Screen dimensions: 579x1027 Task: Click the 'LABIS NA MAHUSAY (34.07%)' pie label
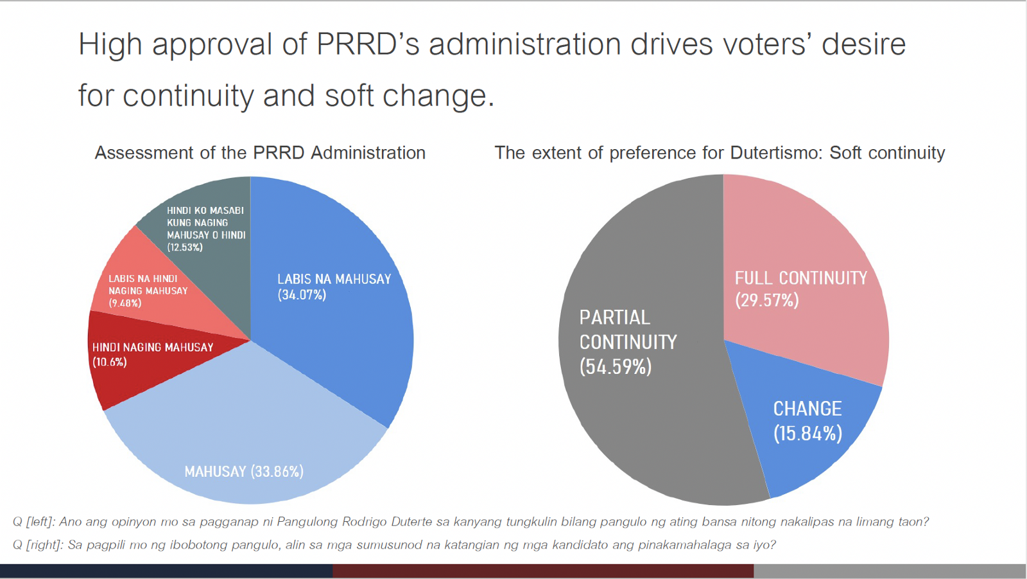point(334,287)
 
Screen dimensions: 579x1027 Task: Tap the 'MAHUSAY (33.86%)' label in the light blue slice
point(244,472)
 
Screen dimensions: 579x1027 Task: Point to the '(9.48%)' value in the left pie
point(125,303)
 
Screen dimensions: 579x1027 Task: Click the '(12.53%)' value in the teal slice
point(185,247)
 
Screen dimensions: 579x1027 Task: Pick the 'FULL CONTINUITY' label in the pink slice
point(800,278)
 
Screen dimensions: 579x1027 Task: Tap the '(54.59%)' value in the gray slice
point(616,367)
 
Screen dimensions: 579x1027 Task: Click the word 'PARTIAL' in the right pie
point(614,317)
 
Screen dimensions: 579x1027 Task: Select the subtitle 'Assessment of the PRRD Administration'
point(260,153)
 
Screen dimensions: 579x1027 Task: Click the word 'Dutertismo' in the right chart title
point(776,153)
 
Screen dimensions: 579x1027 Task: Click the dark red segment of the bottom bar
point(542,571)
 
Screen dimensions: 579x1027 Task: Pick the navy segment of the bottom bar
point(166,571)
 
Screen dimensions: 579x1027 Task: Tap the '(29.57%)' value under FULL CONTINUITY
point(767,300)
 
